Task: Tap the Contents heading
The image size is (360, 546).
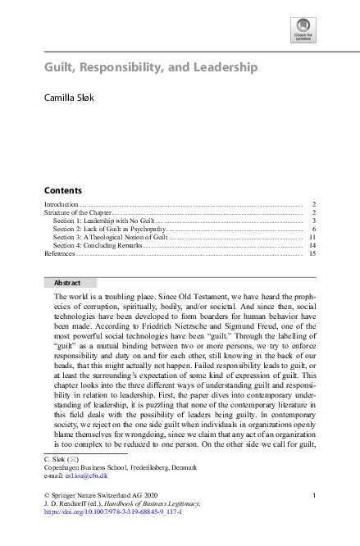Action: pos(62,189)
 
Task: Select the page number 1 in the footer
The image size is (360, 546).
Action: pos(314,496)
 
